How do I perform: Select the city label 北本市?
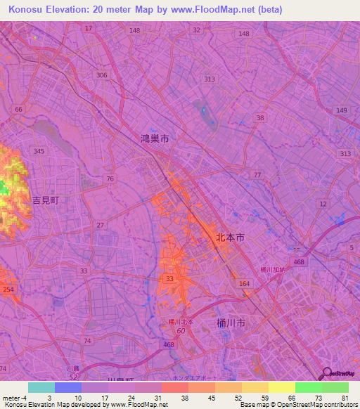(x=230, y=239)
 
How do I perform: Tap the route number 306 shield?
(x=102, y=74)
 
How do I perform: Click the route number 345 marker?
(x=39, y=151)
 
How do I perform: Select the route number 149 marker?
(x=342, y=110)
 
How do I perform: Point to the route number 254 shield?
(x=8, y=290)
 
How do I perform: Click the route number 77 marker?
(x=257, y=174)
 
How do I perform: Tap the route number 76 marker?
(x=110, y=178)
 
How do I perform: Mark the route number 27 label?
(x=101, y=225)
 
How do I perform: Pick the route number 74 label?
(x=87, y=340)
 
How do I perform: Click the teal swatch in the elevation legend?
(x=41, y=387)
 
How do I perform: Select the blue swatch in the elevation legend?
(x=68, y=387)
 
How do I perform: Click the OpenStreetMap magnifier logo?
(x=326, y=374)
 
